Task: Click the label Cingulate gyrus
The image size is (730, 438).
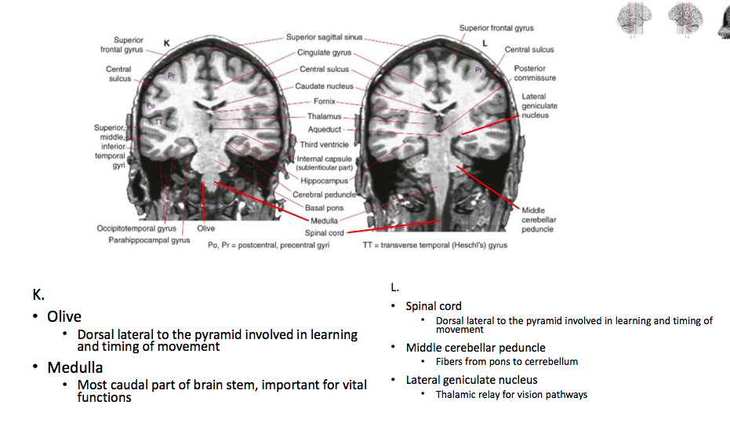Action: [x=325, y=53]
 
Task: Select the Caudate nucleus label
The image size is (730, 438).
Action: [x=325, y=86]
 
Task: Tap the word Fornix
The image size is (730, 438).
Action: [x=324, y=101]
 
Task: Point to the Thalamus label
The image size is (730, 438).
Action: [x=324, y=116]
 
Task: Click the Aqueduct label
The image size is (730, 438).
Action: [x=325, y=130]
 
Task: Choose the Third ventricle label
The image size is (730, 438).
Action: [x=324, y=144]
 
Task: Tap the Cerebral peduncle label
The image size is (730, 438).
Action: [x=324, y=194]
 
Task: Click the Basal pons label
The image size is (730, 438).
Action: [x=325, y=208]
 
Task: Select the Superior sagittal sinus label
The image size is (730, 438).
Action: [x=324, y=37]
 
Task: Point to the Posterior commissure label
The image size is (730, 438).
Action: [x=535, y=73]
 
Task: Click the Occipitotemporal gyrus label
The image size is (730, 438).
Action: [x=136, y=228]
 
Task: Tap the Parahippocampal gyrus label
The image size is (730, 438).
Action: [x=149, y=240]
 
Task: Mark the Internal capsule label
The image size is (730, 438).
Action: [x=324, y=159]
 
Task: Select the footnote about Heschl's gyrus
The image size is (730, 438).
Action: [x=434, y=245]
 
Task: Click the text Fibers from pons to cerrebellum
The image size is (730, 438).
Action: [x=507, y=362]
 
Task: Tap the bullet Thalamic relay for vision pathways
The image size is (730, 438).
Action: [x=511, y=395]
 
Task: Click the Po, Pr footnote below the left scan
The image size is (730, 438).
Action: [x=268, y=245]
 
